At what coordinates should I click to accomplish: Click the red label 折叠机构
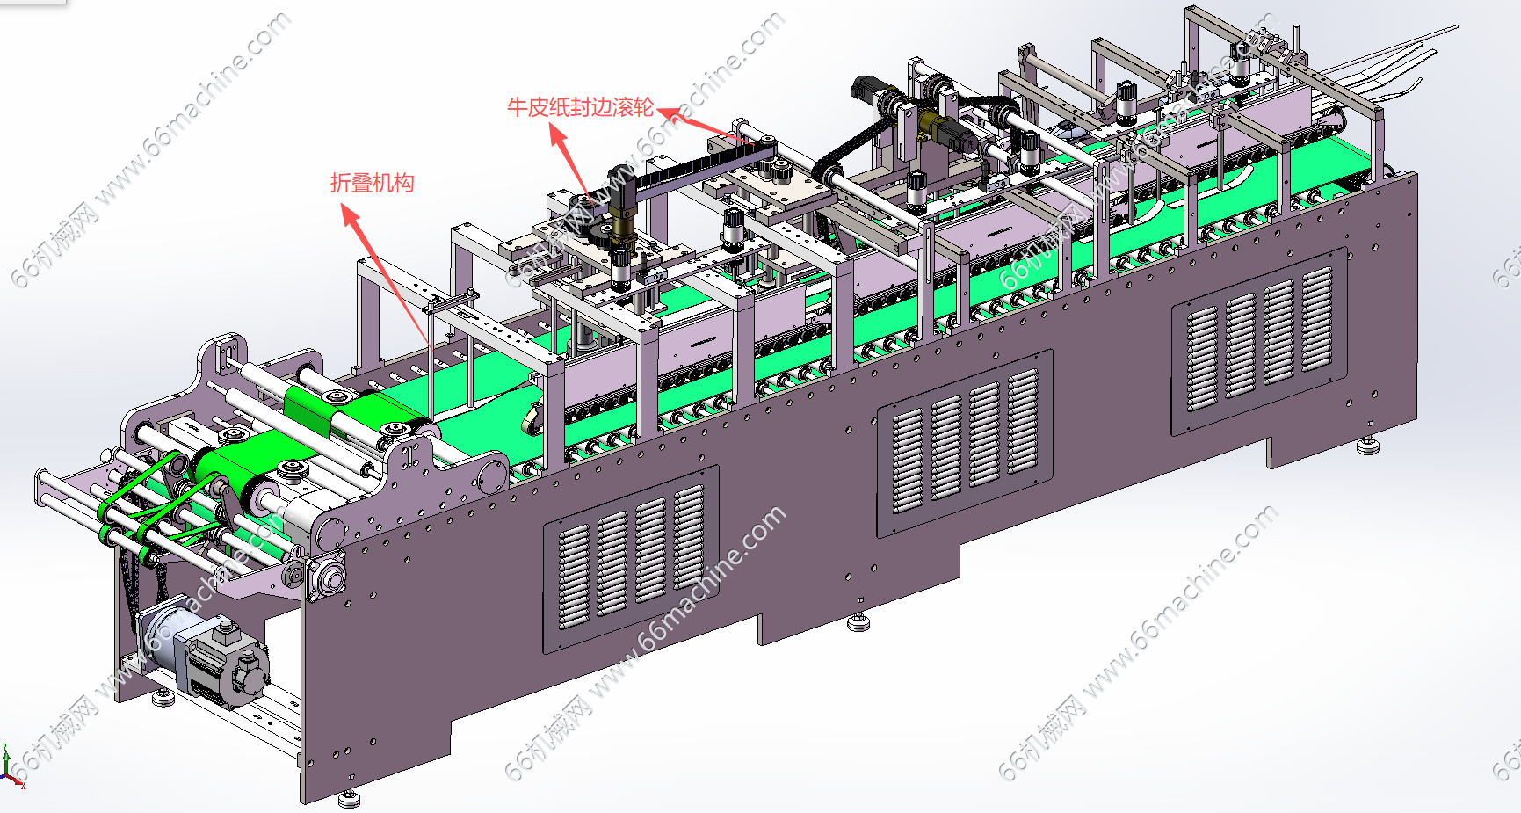click(x=372, y=183)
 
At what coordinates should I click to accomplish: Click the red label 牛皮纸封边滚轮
click(x=580, y=107)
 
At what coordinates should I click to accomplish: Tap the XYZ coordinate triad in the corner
click(x=10, y=766)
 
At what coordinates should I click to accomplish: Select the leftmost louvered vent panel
click(x=631, y=559)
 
